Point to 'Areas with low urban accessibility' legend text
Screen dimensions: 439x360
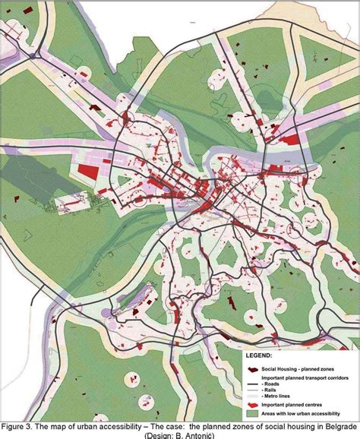[304, 415]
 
